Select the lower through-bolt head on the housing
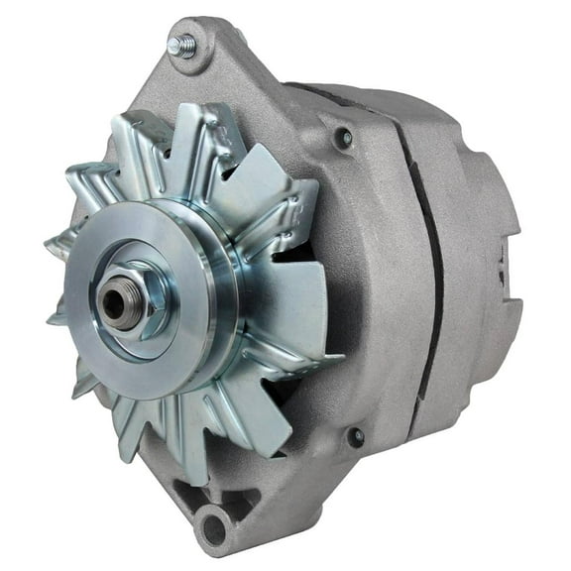[355, 436]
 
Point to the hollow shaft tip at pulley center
[115, 304]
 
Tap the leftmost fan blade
[61, 243]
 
